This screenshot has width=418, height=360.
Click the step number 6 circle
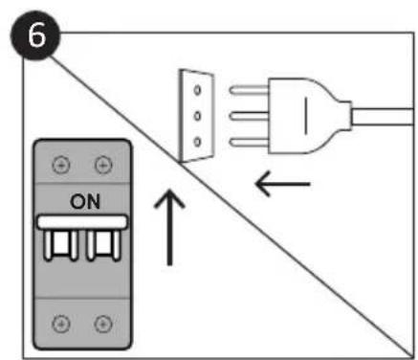(35, 35)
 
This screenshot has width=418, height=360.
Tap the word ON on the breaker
(85, 202)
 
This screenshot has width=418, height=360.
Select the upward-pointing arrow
(169, 228)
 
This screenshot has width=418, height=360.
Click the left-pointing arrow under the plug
(282, 184)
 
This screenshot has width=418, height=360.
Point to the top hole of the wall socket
(197, 90)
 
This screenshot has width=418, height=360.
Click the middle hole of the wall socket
(197, 116)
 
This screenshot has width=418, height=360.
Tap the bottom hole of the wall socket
(197, 142)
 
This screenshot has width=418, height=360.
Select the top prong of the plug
(249, 90)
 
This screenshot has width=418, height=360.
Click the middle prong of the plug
(249, 116)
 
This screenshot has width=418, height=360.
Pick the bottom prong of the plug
(249, 142)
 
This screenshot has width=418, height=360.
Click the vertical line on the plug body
(306, 116)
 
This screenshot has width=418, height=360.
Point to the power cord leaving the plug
(383, 117)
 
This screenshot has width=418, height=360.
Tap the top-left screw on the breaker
(61, 166)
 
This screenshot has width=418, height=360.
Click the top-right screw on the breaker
(103, 166)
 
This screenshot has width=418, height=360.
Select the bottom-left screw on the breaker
(61, 324)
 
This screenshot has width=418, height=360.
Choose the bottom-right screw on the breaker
(103, 324)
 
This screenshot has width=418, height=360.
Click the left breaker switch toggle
(60, 244)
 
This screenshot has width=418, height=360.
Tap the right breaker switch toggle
(104, 244)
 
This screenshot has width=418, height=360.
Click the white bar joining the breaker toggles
(82, 222)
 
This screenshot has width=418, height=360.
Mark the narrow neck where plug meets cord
(345, 116)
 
